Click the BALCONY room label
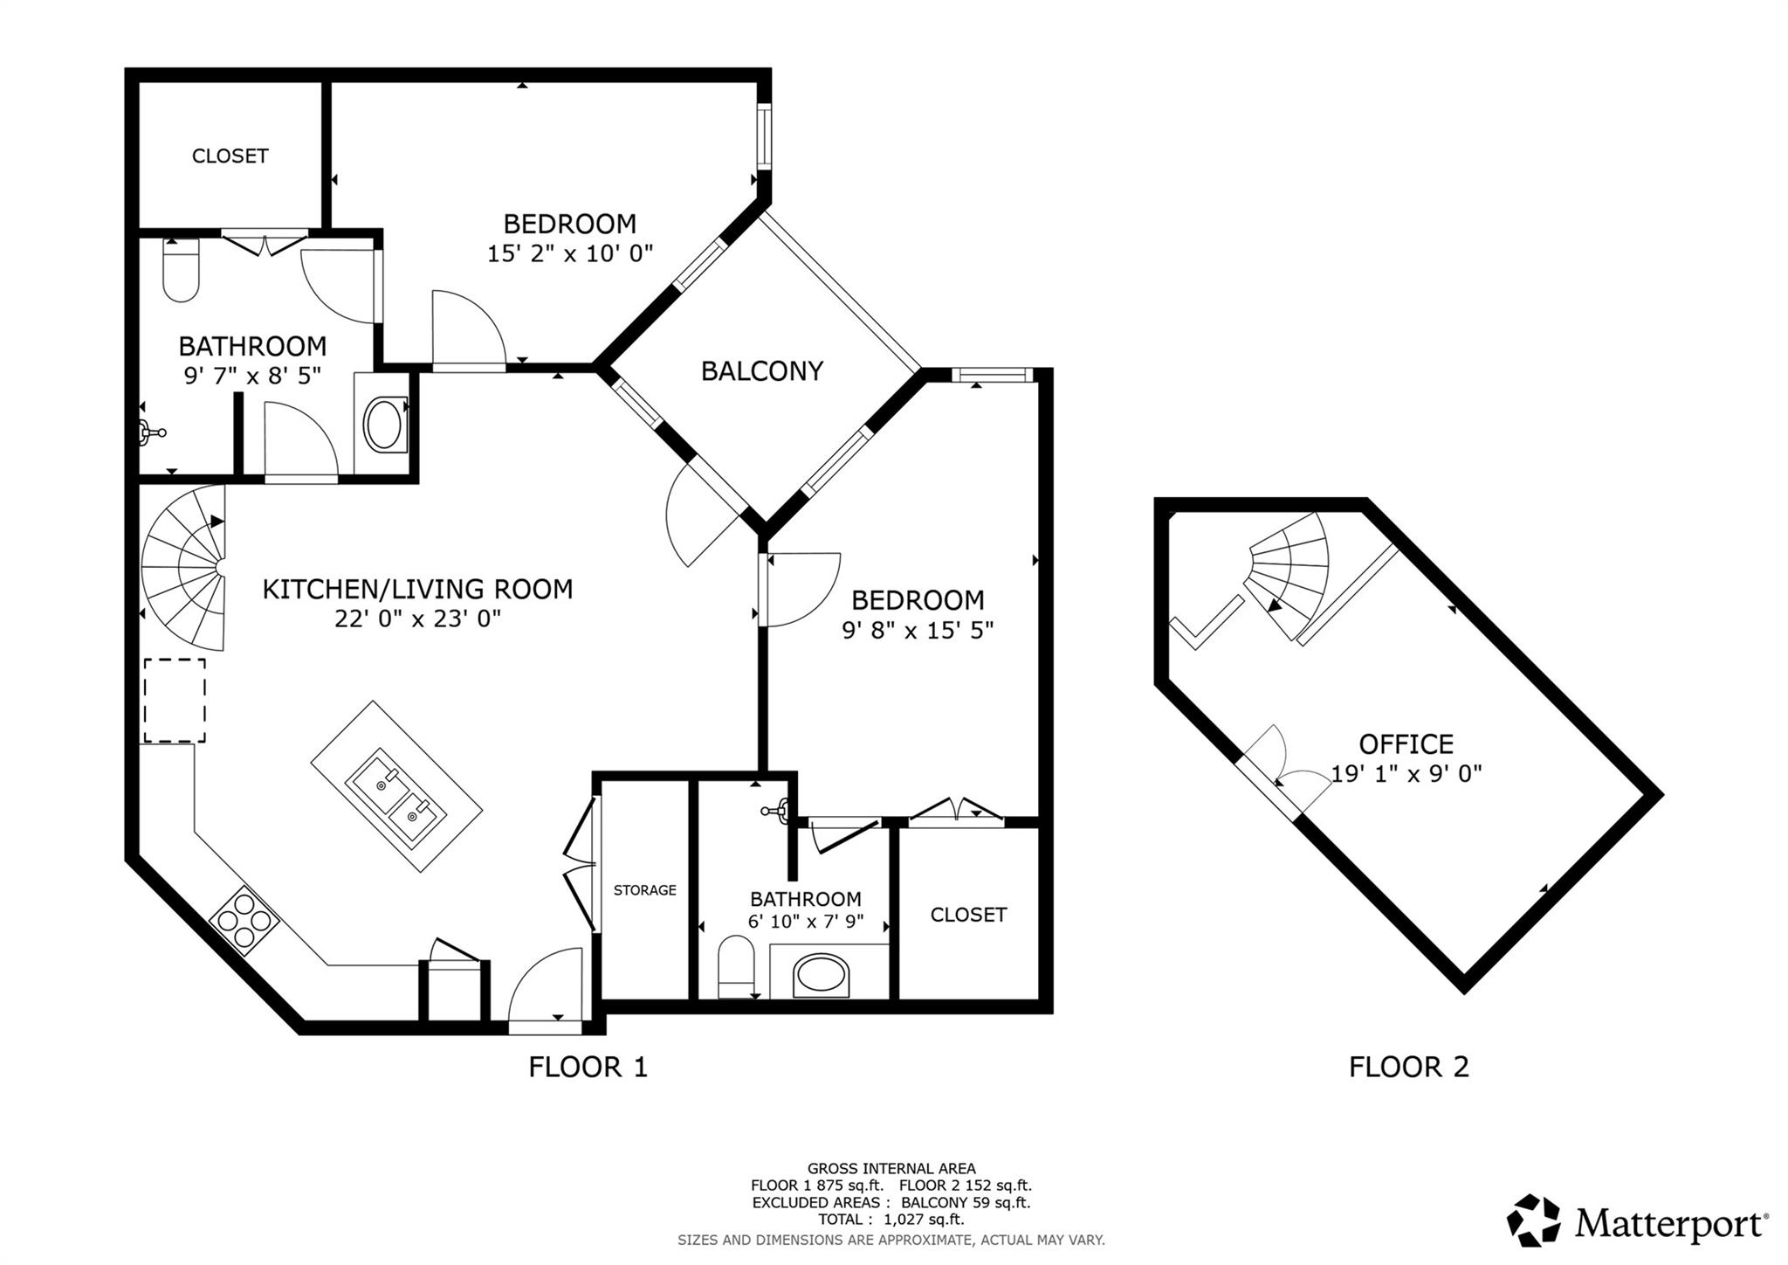point(761,371)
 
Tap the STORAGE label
point(644,890)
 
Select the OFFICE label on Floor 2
point(1406,744)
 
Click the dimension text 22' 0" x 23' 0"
point(417,619)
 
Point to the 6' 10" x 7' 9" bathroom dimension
point(805,922)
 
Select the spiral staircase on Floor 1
point(186,570)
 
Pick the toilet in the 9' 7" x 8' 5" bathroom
point(182,271)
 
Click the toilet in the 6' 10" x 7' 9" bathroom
point(736,967)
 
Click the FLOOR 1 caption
point(588,1067)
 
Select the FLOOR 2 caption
point(1408,1067)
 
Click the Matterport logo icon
point(1533,1220)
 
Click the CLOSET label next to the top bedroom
point(230,156)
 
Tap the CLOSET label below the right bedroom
point(968,915)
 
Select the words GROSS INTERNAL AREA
point(891,1169)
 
